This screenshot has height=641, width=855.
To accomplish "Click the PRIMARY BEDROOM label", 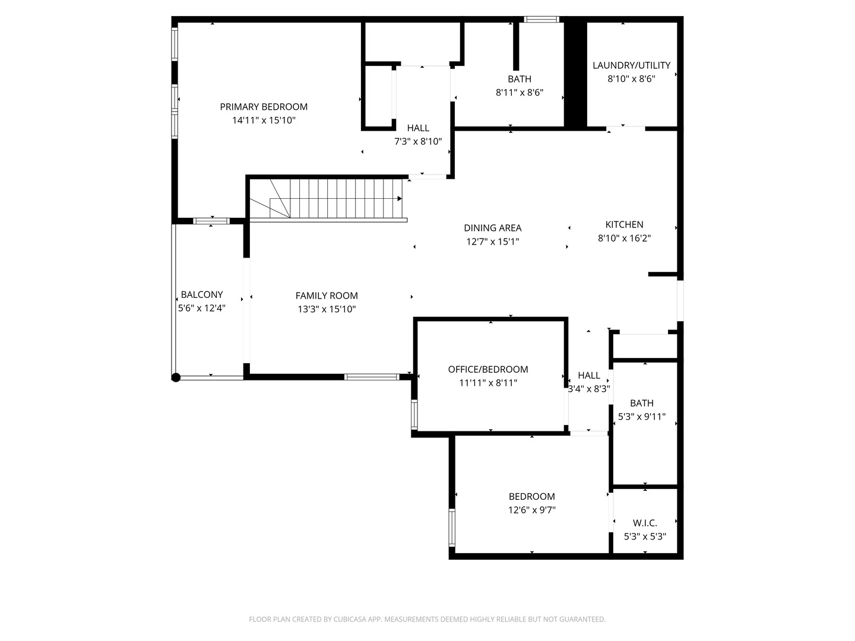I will point(264,107).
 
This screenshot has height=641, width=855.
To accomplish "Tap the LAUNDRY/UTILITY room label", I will point(631,65).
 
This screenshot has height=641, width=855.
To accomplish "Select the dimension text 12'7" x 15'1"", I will point(492,242).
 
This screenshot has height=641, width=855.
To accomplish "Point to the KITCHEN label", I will point(624,224).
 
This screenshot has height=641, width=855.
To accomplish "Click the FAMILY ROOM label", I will point(327,296).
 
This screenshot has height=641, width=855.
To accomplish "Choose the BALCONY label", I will point(202,294).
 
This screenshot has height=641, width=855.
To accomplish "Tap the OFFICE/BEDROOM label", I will point(487,369).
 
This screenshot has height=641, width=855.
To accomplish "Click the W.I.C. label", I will point(645,523).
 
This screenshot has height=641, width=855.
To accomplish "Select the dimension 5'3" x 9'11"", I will point(642,417).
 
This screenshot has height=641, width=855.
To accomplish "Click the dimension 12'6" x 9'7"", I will point(531,510).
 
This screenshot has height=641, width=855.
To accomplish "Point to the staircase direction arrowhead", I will point(400,198).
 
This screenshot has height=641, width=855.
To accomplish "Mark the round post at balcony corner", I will point(176,377).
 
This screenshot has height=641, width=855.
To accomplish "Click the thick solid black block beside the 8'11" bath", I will point(575,74).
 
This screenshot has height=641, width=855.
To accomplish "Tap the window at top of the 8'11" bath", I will point(541,20).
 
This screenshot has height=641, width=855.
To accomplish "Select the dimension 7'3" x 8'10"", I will point(418,141).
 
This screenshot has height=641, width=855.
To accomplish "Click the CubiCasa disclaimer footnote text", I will point(427,619).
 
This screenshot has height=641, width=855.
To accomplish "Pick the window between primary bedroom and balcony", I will point(211,221).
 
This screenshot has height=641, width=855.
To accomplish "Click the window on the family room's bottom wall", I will point(372,377).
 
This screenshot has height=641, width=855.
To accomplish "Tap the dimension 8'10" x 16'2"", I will point(624,238).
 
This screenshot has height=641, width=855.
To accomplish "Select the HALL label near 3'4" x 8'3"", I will point(588,375).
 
